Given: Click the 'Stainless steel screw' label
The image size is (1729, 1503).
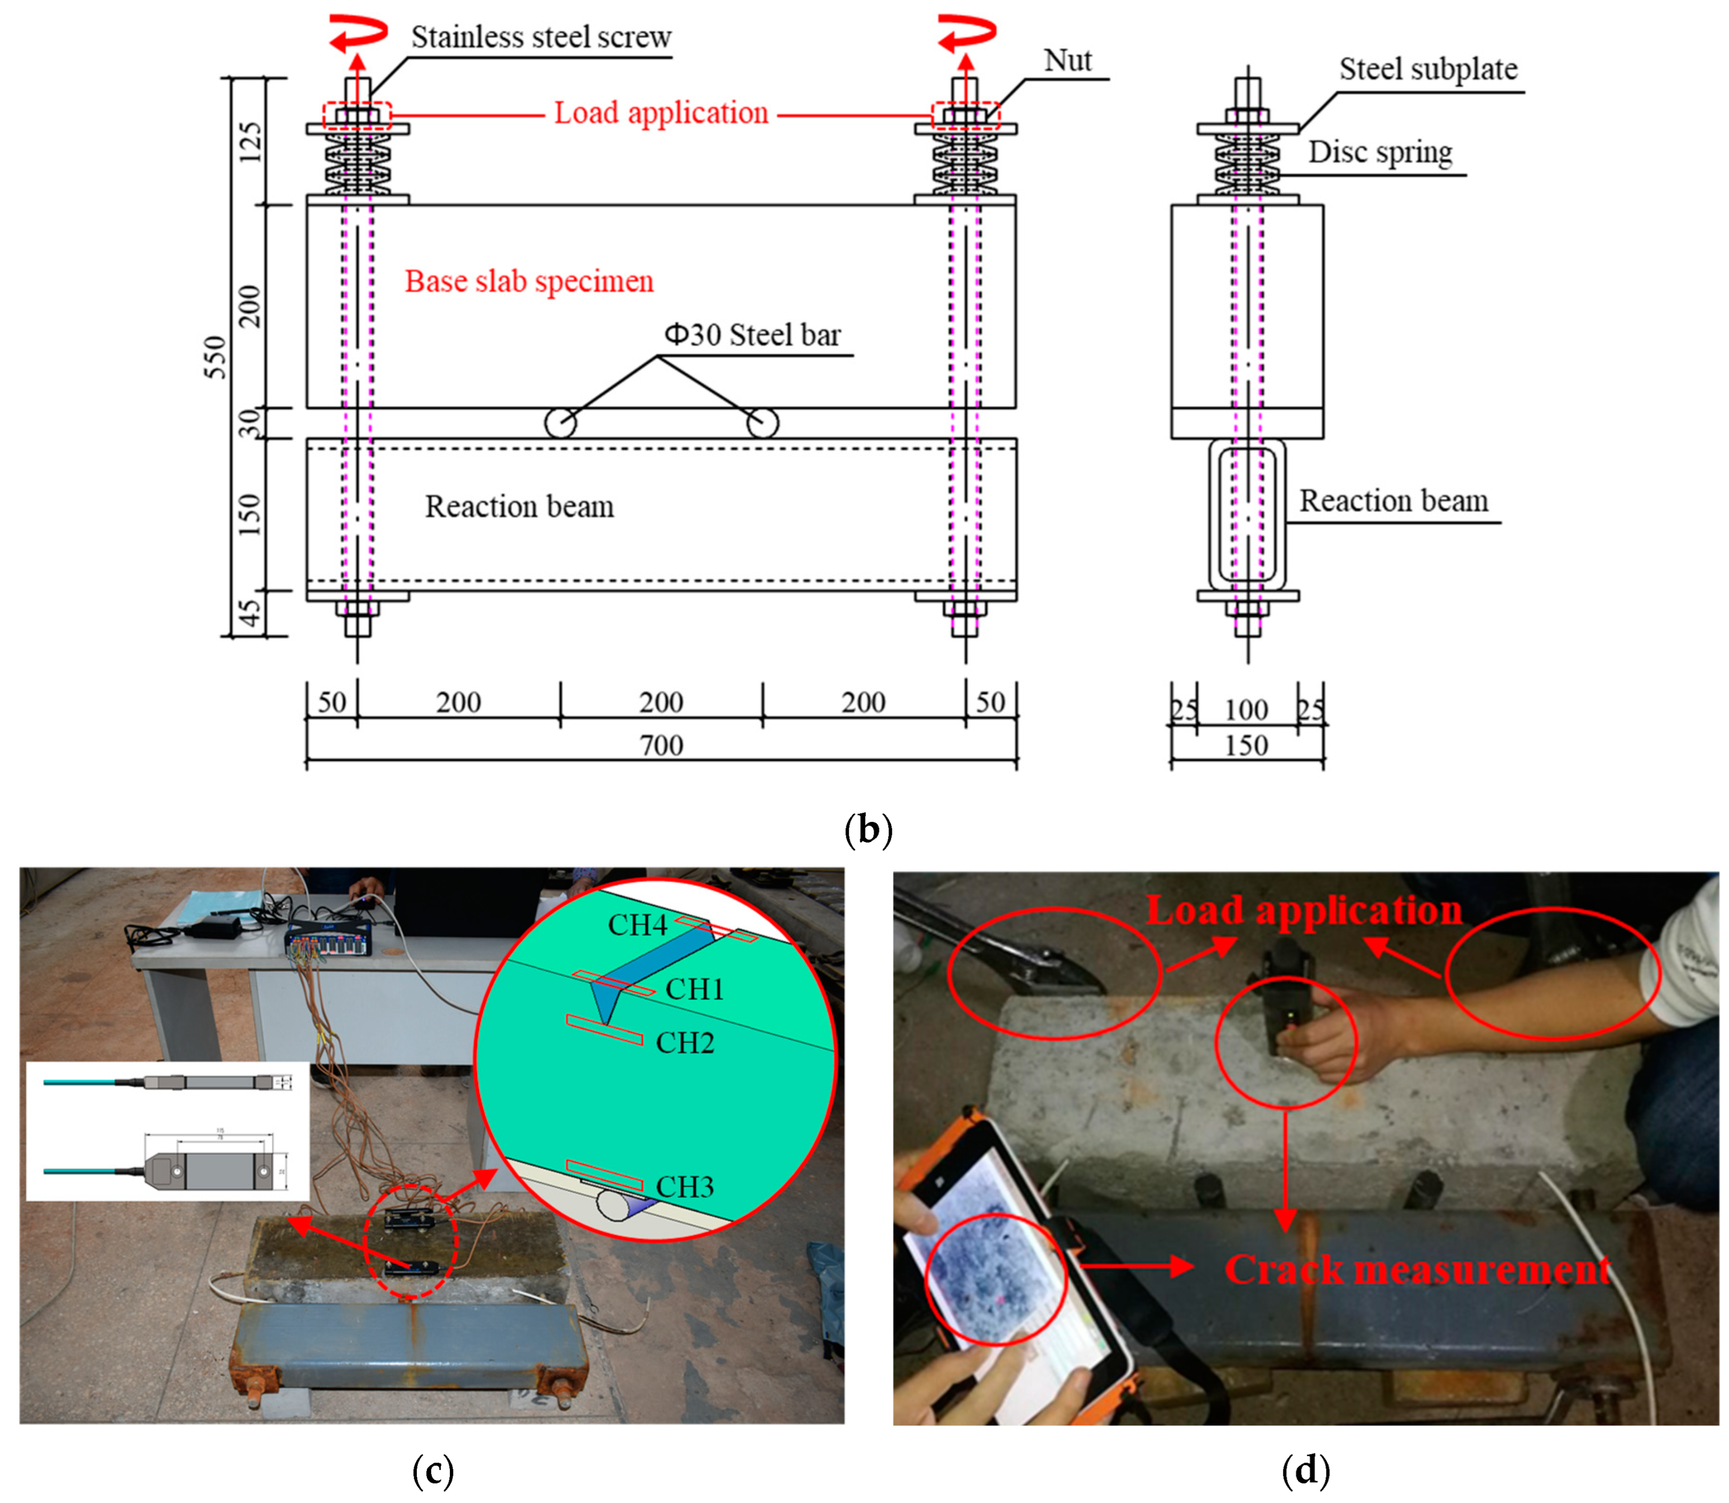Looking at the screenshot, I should pyautogui.click(x=540, y=38).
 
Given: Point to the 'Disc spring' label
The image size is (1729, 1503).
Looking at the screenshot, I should pyautogui.click(x=1379, y=153).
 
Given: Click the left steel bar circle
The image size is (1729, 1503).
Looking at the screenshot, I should pyautogui.click(x=561, y=423).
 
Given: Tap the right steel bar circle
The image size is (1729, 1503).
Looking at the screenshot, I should pyautogui.click(x=762, y=423).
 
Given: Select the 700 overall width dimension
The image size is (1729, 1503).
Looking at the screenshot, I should pyautogui.click(x=661, y=745).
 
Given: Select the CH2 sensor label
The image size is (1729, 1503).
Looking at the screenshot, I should pyautogui.click(x=685, y=1043).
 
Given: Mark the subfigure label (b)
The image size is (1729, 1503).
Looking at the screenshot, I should pyautogui.click(x=868, y=830).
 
